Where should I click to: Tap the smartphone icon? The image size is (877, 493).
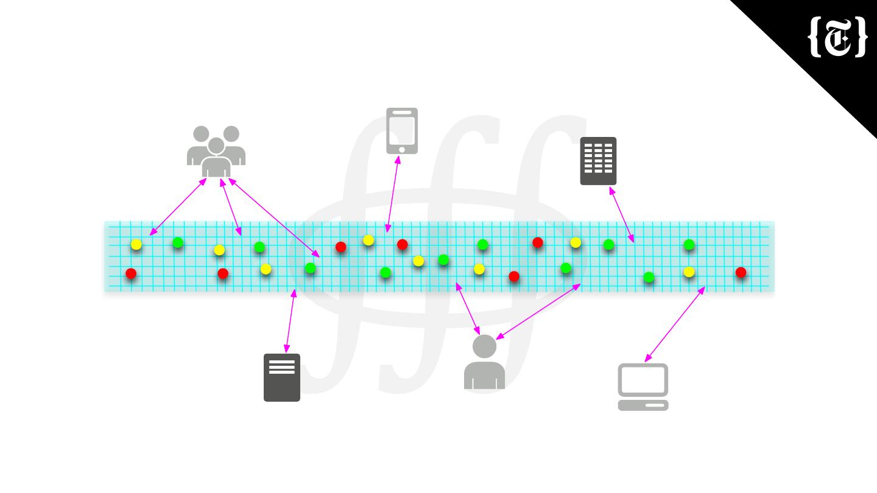[402, 130]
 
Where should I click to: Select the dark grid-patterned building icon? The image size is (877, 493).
[598, 161]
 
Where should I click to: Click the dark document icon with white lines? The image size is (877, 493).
[282, 377]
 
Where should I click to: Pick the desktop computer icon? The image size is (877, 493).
[643, 386]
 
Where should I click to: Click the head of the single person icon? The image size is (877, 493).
[485, 346]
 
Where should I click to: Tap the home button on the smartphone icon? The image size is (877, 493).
[402, 150]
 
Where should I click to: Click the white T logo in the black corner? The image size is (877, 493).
[838, 38]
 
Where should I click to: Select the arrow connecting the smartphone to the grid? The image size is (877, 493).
[392, 194]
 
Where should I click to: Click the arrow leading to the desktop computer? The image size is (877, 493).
[675, 324]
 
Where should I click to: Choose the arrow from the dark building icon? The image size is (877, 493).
[622, 215]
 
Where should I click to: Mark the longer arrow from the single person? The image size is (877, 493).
[538, 312]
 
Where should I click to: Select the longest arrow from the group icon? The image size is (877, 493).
[274, 217]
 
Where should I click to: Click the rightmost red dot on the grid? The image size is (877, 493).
[741, 273]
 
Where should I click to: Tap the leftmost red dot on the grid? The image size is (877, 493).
[131, 274]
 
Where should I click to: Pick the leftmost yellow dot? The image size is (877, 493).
[136, 245]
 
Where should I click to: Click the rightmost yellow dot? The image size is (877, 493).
[689, 272]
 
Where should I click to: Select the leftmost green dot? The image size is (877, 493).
[178, 243]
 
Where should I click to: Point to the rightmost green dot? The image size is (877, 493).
[689, 245]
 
